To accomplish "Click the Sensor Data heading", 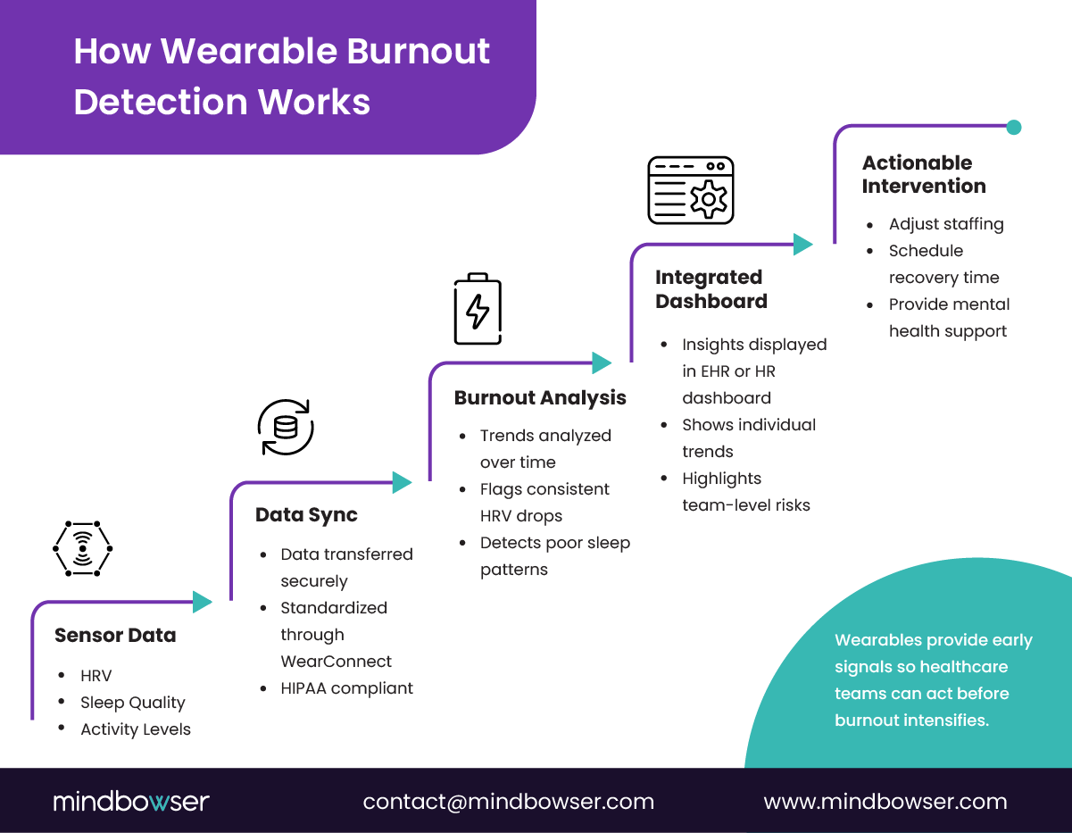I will point(115,636).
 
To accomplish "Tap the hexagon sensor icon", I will point(83,547).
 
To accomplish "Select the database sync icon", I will point(286,428).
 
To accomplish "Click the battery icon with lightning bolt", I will point(478,309).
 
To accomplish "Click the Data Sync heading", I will point(306,515).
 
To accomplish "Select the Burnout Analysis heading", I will point(540,398).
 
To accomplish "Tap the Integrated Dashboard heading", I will point(711,289).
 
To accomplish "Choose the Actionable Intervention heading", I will point(923,174).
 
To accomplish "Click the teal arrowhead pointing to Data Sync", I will point(204,602).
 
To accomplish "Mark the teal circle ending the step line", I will point(1013,127).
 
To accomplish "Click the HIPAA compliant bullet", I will point(346,688).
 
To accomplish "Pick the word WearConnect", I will point(336,662).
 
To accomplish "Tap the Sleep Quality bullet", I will point(132,703).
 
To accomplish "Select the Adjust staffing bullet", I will point(945,224).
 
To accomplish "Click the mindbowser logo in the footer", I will point(131,801).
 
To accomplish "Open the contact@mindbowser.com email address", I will point(508,802).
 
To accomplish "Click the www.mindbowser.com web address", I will point(885,802).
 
